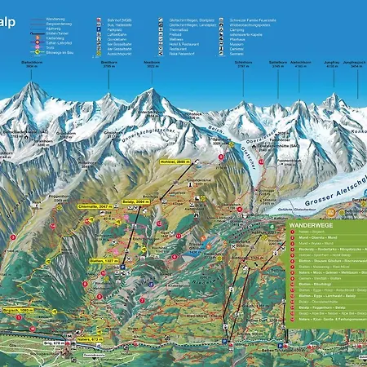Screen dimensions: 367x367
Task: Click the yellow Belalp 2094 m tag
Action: (x=138, y=198)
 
